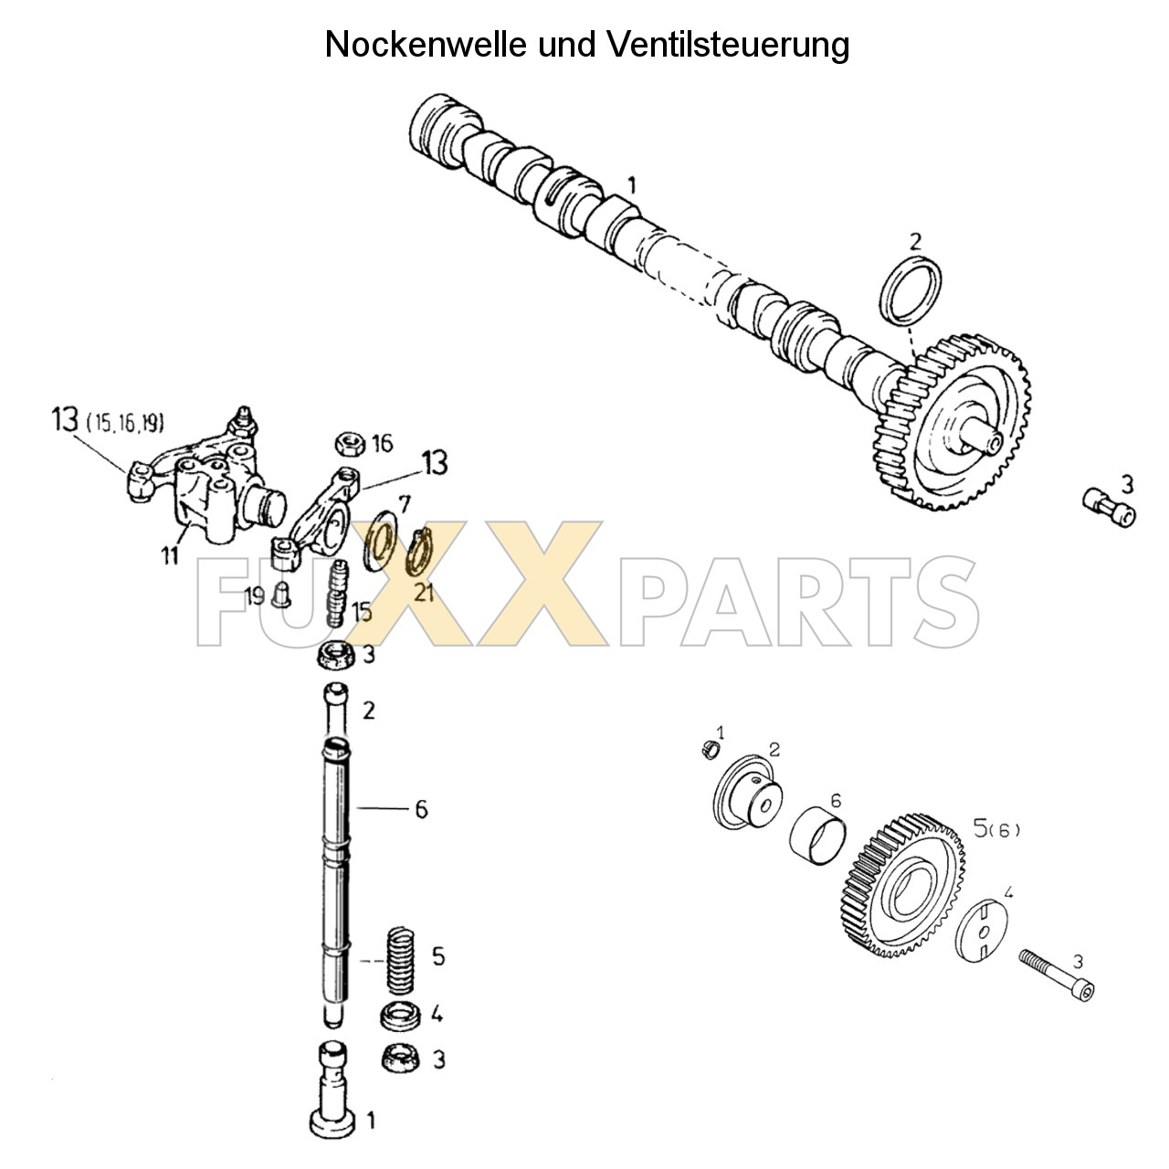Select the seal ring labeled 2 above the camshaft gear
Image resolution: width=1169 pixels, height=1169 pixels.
coord(914,290)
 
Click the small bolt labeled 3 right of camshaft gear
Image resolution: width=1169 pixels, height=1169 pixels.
coord(1108,505)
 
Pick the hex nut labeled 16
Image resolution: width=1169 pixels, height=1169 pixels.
coord(350,443)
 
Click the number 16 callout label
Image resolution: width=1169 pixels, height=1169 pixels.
coord(381,444)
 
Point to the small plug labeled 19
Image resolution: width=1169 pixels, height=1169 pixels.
coord(281,593)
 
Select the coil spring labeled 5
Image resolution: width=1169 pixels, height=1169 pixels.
coord(399,960)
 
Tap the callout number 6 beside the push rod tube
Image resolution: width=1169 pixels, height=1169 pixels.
coord(421,809)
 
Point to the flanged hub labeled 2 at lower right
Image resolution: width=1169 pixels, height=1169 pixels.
coord(745,793)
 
